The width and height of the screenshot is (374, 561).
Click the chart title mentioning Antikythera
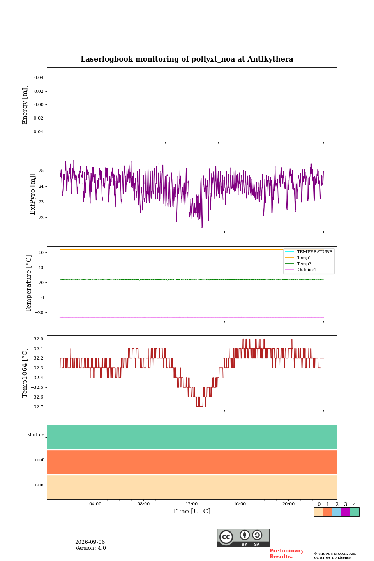(187, 59)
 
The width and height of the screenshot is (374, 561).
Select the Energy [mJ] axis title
(25, 105)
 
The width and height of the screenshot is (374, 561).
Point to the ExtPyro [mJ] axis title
(33, 194)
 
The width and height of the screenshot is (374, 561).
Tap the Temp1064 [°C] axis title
(25, 373)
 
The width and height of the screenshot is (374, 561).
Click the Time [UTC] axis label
(191, 511)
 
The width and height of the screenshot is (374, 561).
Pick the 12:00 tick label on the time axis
(191, 504)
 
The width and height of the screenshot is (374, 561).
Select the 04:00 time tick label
(95, 504)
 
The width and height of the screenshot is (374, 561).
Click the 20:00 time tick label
(288, 504)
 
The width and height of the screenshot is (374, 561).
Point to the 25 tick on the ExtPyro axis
(41, 171)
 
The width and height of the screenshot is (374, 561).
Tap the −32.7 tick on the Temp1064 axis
(37, 407)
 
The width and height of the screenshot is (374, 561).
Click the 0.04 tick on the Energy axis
(39, 78)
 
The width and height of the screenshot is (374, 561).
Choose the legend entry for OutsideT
(307, 270)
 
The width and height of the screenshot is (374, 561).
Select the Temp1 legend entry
(304, 258)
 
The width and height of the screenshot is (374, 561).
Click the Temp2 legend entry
(304, 264)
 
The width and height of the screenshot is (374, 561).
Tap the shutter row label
(36, 435)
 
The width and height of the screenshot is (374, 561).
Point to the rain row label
(39, 485)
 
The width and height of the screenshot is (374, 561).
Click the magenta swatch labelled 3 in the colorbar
(346, 512)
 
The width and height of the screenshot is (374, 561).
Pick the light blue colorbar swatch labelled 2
(337, 512)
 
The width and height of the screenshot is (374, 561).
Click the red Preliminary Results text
(287, 553)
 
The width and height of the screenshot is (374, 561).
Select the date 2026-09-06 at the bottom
(90, 542)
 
